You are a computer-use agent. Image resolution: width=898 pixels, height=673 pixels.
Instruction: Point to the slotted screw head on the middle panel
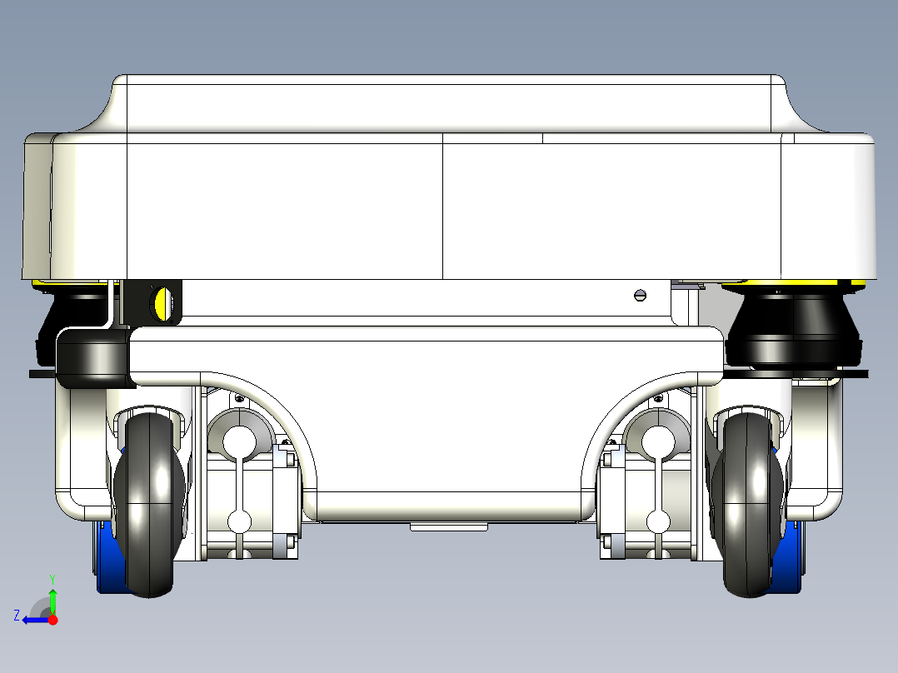[x=641, y=296]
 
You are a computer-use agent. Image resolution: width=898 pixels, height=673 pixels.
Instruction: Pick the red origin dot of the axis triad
[x=52, y=620]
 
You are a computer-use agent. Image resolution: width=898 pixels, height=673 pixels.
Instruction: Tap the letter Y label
[x=52, y=579]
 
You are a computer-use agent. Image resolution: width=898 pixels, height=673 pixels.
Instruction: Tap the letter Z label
[x=17, y=616]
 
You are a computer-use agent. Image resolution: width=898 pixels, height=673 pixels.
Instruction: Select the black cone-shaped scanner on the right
[x=794, y=329]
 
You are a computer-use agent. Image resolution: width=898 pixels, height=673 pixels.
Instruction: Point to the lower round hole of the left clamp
[x=239, y=521]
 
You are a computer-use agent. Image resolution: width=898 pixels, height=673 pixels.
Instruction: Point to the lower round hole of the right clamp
[x=658, y=521]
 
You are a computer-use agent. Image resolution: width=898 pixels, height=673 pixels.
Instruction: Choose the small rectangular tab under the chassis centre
[x=449, y=526]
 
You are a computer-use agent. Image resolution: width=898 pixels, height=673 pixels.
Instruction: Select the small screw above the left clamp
[x=239, y=398]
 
